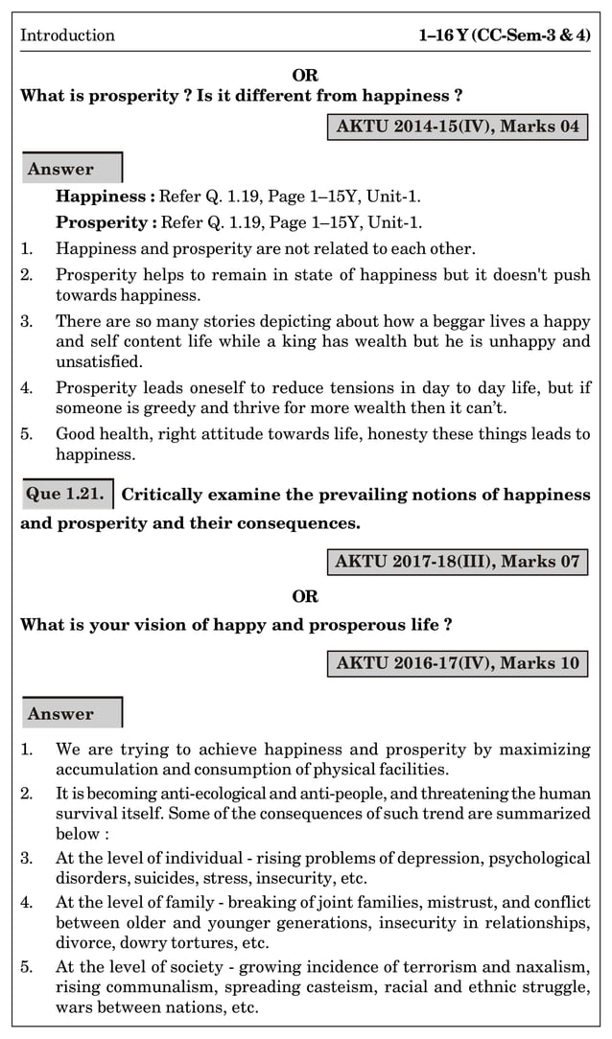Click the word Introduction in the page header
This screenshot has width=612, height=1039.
click(x=67, y=35)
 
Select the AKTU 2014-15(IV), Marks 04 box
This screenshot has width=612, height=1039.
click(x=458, y=127)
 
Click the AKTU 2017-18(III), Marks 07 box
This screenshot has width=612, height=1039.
click(x=458, y=562)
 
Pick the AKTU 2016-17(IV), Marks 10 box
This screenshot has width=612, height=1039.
click(x=458, y=662)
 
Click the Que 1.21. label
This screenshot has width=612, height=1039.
click(x=65, y=495)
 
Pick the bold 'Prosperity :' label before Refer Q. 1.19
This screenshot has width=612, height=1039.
click(x=106, y=223)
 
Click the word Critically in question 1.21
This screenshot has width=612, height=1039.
click(x=163, y=495)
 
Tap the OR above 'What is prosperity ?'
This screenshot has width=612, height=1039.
click(x=305, y=75)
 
